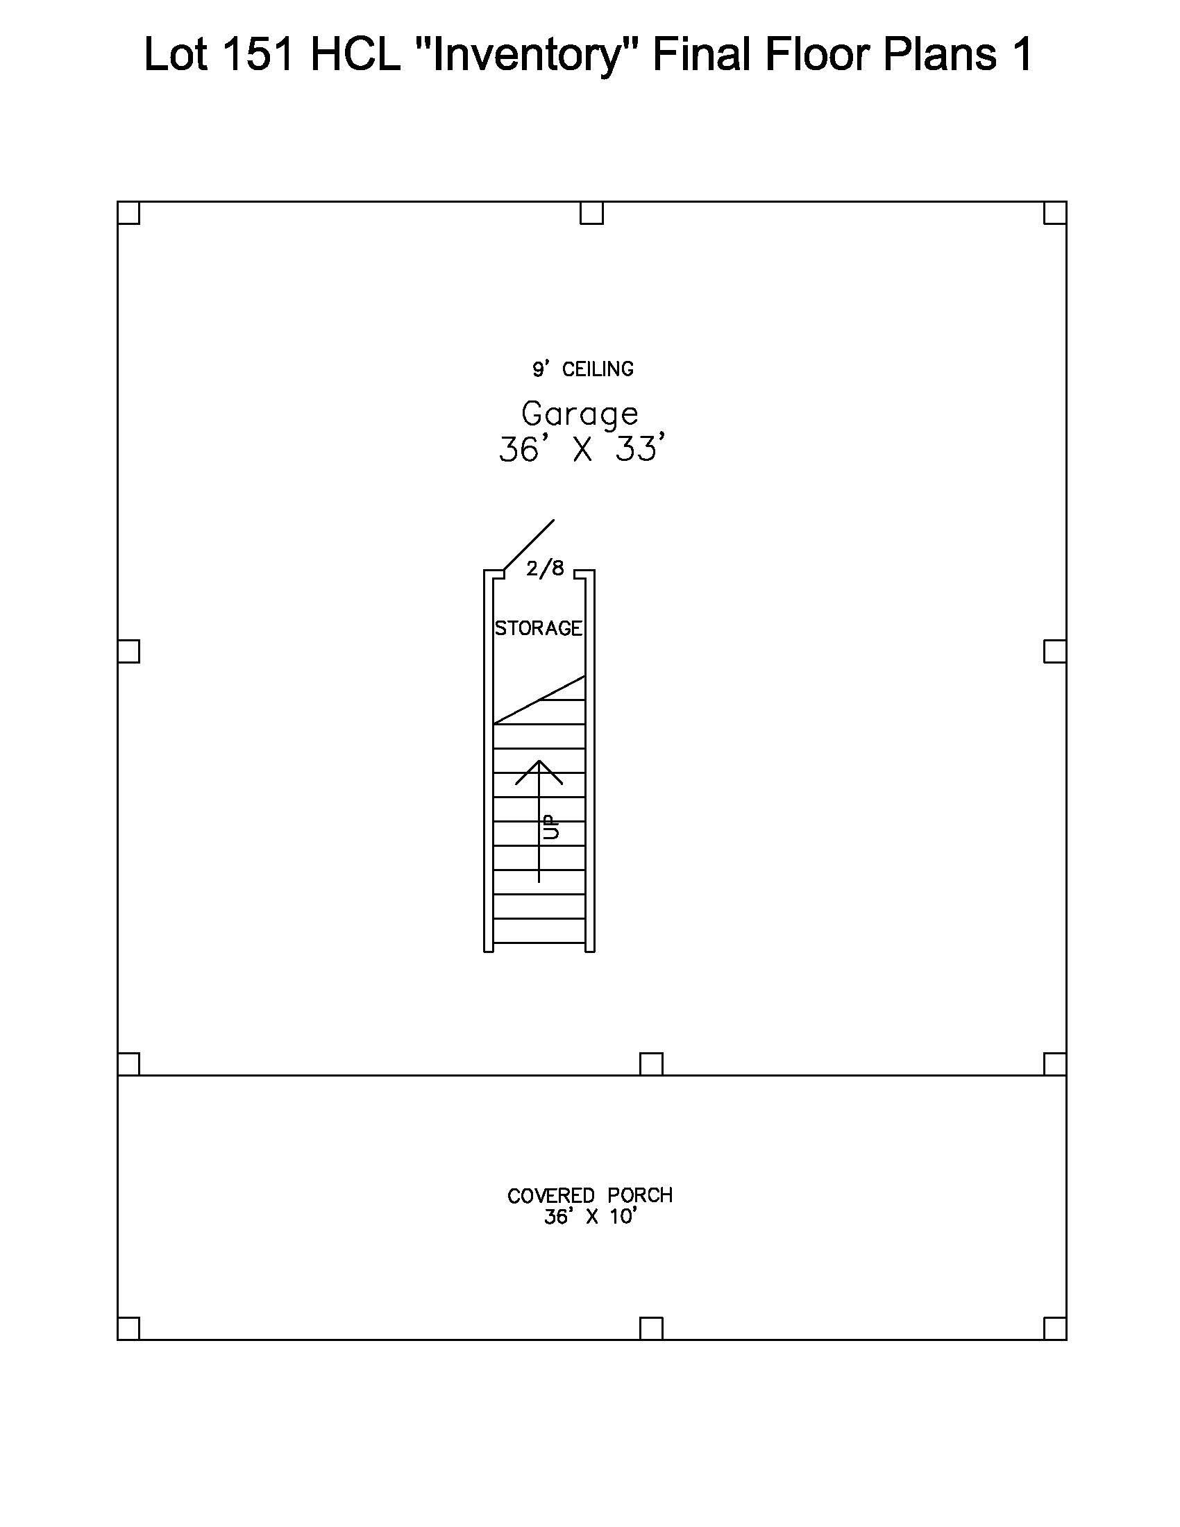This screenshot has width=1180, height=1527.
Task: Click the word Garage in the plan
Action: coord(580,414)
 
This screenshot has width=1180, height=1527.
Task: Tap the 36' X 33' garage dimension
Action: coord(580,449)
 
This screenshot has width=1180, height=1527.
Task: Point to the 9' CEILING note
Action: coord(583,369)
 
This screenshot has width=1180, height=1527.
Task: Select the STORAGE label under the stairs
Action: coord(538,628)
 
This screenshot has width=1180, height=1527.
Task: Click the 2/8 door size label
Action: coord(546,568)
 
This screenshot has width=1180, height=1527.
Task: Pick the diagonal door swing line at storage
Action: coord(528,546)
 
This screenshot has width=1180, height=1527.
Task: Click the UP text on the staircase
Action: coord(551,827)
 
